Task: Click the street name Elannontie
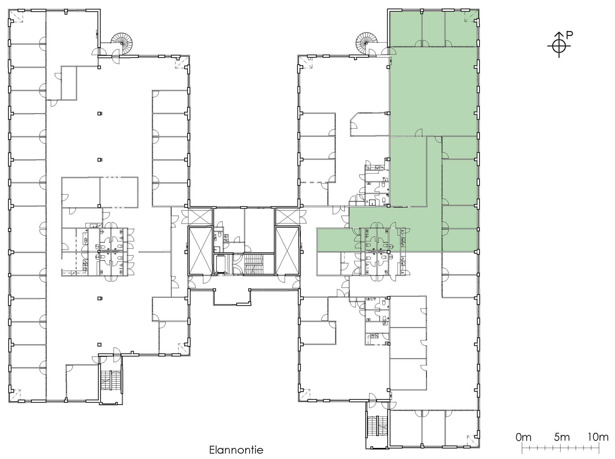coord(236,449)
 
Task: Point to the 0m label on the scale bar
coord(524,437)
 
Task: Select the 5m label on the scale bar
coord(562,437)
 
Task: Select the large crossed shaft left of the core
coord(201,251)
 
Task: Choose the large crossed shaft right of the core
coord(287,251)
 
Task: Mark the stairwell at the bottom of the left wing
coord(110,380)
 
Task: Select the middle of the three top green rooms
coord(433,29)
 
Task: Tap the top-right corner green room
coord(461,29)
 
